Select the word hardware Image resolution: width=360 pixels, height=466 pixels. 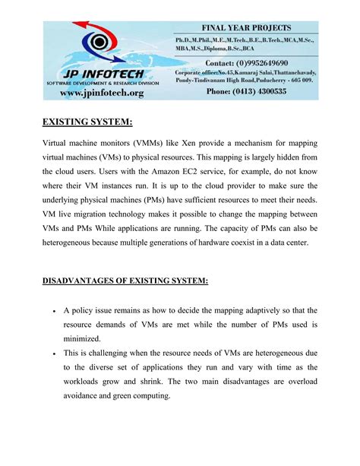point(226,243)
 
